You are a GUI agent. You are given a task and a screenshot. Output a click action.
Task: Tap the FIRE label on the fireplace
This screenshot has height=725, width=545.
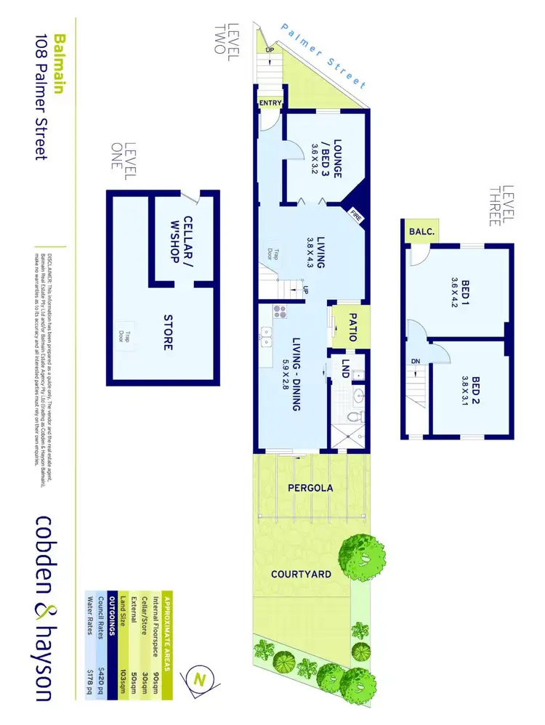coord(356,215)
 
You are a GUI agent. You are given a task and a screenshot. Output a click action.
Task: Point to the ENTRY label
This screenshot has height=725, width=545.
coord(270,103)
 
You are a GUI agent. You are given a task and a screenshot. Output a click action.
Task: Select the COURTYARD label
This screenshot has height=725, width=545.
coord(301,574)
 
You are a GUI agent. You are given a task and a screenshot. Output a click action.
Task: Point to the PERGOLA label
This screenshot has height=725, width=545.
coord(311,488)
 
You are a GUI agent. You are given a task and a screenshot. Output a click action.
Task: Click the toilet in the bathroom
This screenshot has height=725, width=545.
coord(356,416)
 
